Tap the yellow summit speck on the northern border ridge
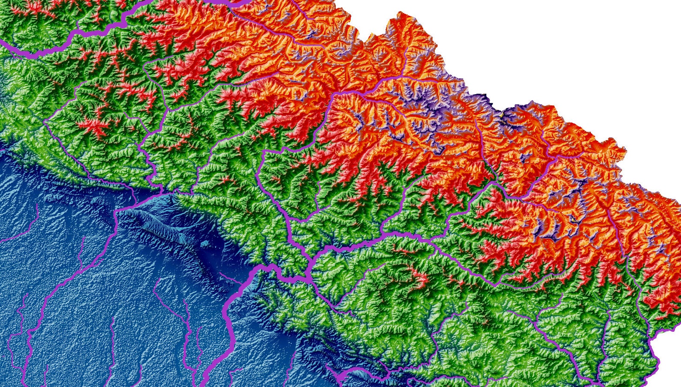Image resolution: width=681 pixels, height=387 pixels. (x=501, y=115)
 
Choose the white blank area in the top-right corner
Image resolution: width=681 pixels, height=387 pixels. (x=579, y=43)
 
